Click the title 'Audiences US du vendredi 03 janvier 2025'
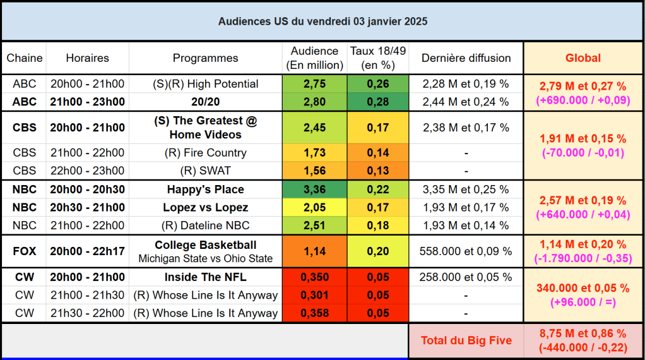click(322, 21)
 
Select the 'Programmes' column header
click(206, 58)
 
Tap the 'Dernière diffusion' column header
click(466, 58)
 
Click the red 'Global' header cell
click(583, 58)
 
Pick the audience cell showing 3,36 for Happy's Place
click(314, 189)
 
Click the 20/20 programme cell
click(206, 102)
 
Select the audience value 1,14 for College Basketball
click(314, 251)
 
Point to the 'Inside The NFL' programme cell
click(206, 277)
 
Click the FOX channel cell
click(25, 251)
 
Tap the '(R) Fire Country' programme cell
click(206, 153)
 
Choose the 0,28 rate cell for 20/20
click(378, 102)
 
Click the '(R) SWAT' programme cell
click(206, 171)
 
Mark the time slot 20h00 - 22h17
click(87, 251)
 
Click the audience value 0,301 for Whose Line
click(314, 295)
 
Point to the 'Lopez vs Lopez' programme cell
click(206, 208)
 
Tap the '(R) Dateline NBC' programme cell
click(206, 225)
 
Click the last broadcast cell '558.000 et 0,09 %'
click(466, 251)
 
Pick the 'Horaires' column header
click(87, 58)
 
